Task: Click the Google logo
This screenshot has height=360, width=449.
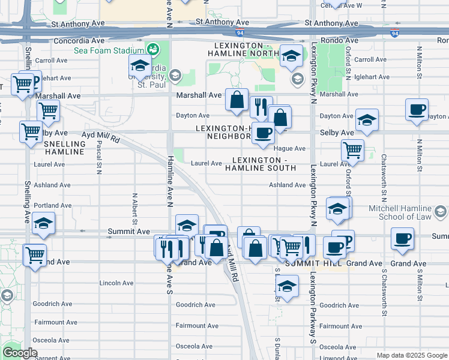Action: pyautogui.click(x=19, y=353)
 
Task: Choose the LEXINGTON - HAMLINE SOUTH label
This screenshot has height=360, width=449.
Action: pyautogui.click(x=261, y=164)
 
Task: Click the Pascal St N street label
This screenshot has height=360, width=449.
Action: pyautogui.click(x=98, y=158)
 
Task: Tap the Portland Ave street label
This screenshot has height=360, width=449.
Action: pyautogui.click(x=53, y=205)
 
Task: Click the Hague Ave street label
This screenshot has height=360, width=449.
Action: pyautogui.click(x=290, y=148)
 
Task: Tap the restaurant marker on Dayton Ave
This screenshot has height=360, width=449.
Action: pyautogui.click(x=261, y=107)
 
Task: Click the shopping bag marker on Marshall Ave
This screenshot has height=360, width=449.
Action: pyautogui.click(x=237, y=99)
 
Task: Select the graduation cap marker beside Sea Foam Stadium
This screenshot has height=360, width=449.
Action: pyautogui.click(x=140, y=65)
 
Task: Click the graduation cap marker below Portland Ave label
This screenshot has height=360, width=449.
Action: pyautogui.click(x=43, y=223)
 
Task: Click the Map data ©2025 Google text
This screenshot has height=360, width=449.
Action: pyautogui.click(x=411, y=355)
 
